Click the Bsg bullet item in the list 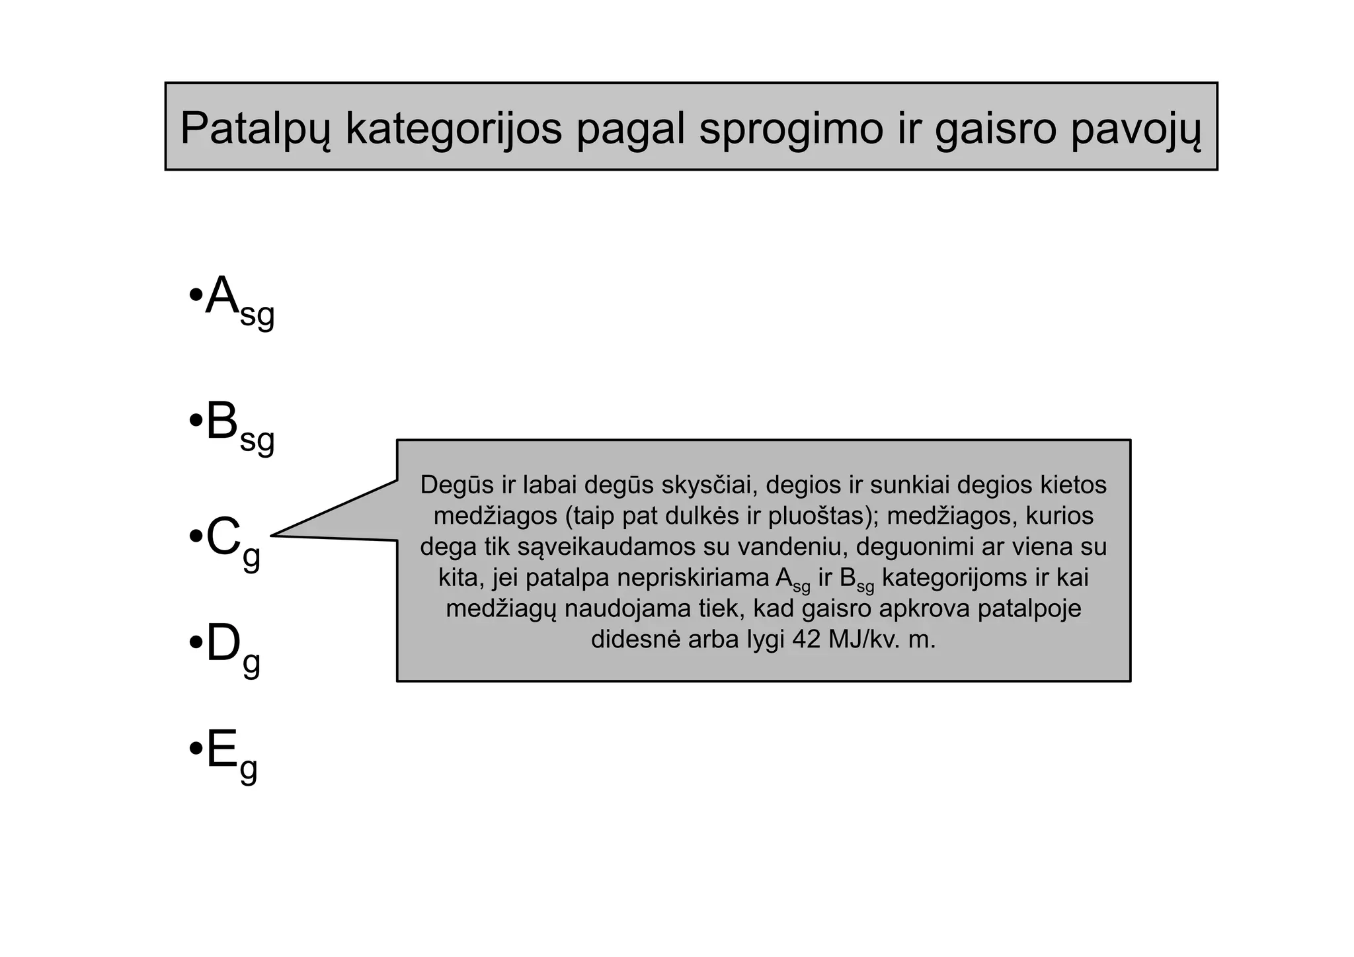238,424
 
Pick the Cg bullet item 231,539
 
